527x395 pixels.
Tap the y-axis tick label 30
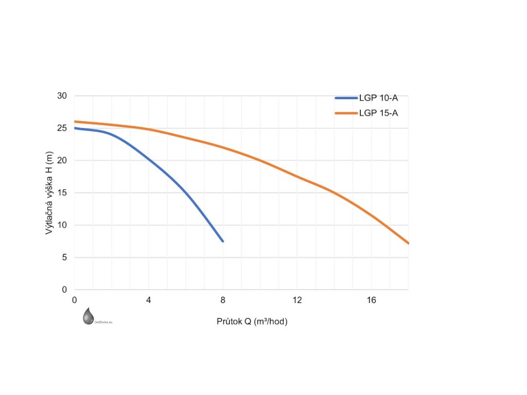click(62, 96)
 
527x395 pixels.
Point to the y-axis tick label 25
click(62, 128)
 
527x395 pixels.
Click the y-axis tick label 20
click(62, 160)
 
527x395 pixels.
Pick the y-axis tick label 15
click(62, 193)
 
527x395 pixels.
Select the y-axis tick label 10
click(62, 225)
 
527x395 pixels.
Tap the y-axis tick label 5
click(64, 258)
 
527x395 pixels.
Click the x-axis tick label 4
click(149, 300)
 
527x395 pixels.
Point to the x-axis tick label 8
click(223, 300)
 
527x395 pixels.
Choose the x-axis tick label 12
click(297, 300)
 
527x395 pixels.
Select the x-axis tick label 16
click(371, 300)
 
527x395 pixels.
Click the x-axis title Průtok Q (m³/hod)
click(252, 322)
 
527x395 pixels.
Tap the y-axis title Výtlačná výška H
click(50, 193)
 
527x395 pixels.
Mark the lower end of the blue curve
click(222, 241)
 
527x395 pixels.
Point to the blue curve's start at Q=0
click(75, 128)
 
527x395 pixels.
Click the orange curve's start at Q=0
click(75, 122)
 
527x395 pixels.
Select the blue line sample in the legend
click(346, 99)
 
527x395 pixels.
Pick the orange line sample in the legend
click(346, 113)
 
